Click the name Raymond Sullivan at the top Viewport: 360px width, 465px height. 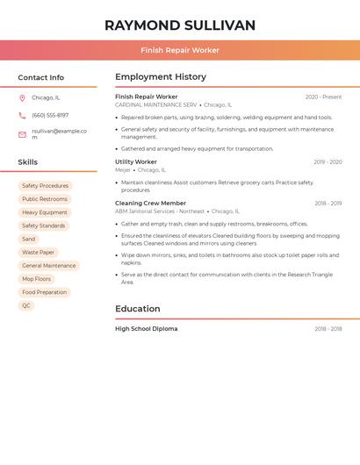point(180,25)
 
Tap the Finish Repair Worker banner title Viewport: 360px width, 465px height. point(180,50)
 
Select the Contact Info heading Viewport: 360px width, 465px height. point(41,77)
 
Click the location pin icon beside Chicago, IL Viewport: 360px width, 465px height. point(22,98)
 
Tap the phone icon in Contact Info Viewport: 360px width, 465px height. point(22,116)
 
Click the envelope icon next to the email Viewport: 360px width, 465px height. point(22,134)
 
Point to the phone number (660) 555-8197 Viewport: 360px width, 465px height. point(50,116)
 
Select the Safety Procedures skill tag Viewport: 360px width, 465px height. point(45,186)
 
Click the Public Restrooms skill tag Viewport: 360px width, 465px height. point(45,199)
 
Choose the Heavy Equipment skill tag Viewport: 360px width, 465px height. point(45,212)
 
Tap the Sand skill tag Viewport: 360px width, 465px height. point(29,239)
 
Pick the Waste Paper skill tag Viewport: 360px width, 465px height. point(38,253)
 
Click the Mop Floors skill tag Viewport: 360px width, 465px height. point(37,279)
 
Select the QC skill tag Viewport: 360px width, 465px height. point(26,306)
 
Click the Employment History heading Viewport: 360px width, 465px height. point(161,77)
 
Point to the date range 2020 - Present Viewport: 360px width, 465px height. point(323,97)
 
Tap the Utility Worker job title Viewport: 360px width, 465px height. point(136,162)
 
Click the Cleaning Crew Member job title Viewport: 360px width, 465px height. point(150,204)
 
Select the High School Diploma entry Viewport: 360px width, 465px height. point(146,329)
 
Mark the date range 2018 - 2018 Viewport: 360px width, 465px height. point(328,329)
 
